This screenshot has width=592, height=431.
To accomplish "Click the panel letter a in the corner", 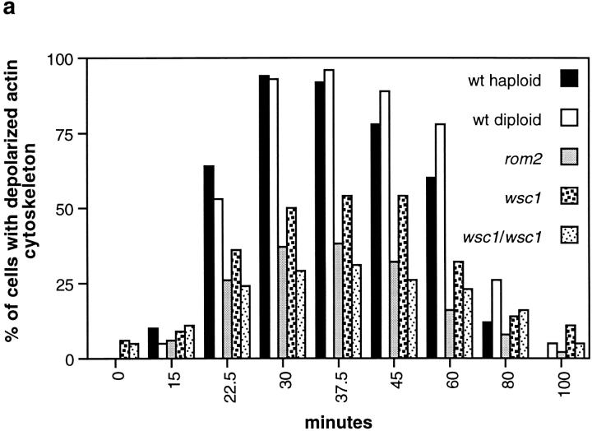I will (8, 7).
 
